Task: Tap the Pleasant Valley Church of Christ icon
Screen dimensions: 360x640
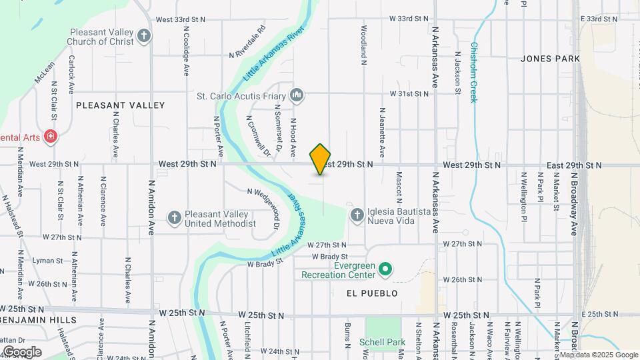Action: click(145, 36)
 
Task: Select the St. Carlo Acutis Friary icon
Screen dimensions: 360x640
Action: click(297, 96)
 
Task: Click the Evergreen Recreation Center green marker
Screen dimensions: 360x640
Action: click(385, 269)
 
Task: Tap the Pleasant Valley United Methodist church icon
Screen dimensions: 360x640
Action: click(174, 217)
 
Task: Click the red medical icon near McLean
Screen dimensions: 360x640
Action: click(50, 137)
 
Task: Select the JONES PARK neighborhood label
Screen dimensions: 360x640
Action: click(550, 59)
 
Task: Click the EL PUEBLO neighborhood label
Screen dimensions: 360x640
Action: click(372, 293)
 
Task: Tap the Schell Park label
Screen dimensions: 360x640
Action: click(383, 342)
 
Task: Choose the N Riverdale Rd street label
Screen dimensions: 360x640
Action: click(247, 41)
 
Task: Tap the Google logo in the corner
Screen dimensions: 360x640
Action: click(22, 352)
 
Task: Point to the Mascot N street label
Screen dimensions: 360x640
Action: click(399, 187)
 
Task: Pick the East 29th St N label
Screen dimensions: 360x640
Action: click(574, 165)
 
